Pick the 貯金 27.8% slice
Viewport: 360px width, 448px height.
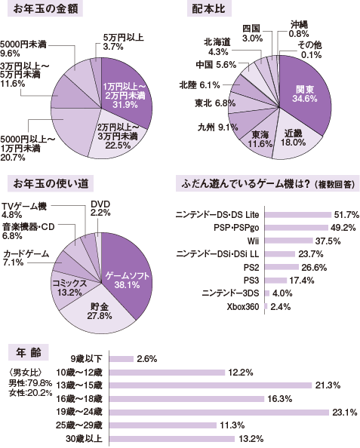click(x=96, y=311)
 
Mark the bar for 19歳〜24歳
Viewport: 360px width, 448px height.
click(x=220, y=413)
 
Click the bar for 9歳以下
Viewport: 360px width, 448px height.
click(x=122, y=358)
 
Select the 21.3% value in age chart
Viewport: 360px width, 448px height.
click(x=329, y=385)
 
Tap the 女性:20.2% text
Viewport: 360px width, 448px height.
click(x=30, y=392)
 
